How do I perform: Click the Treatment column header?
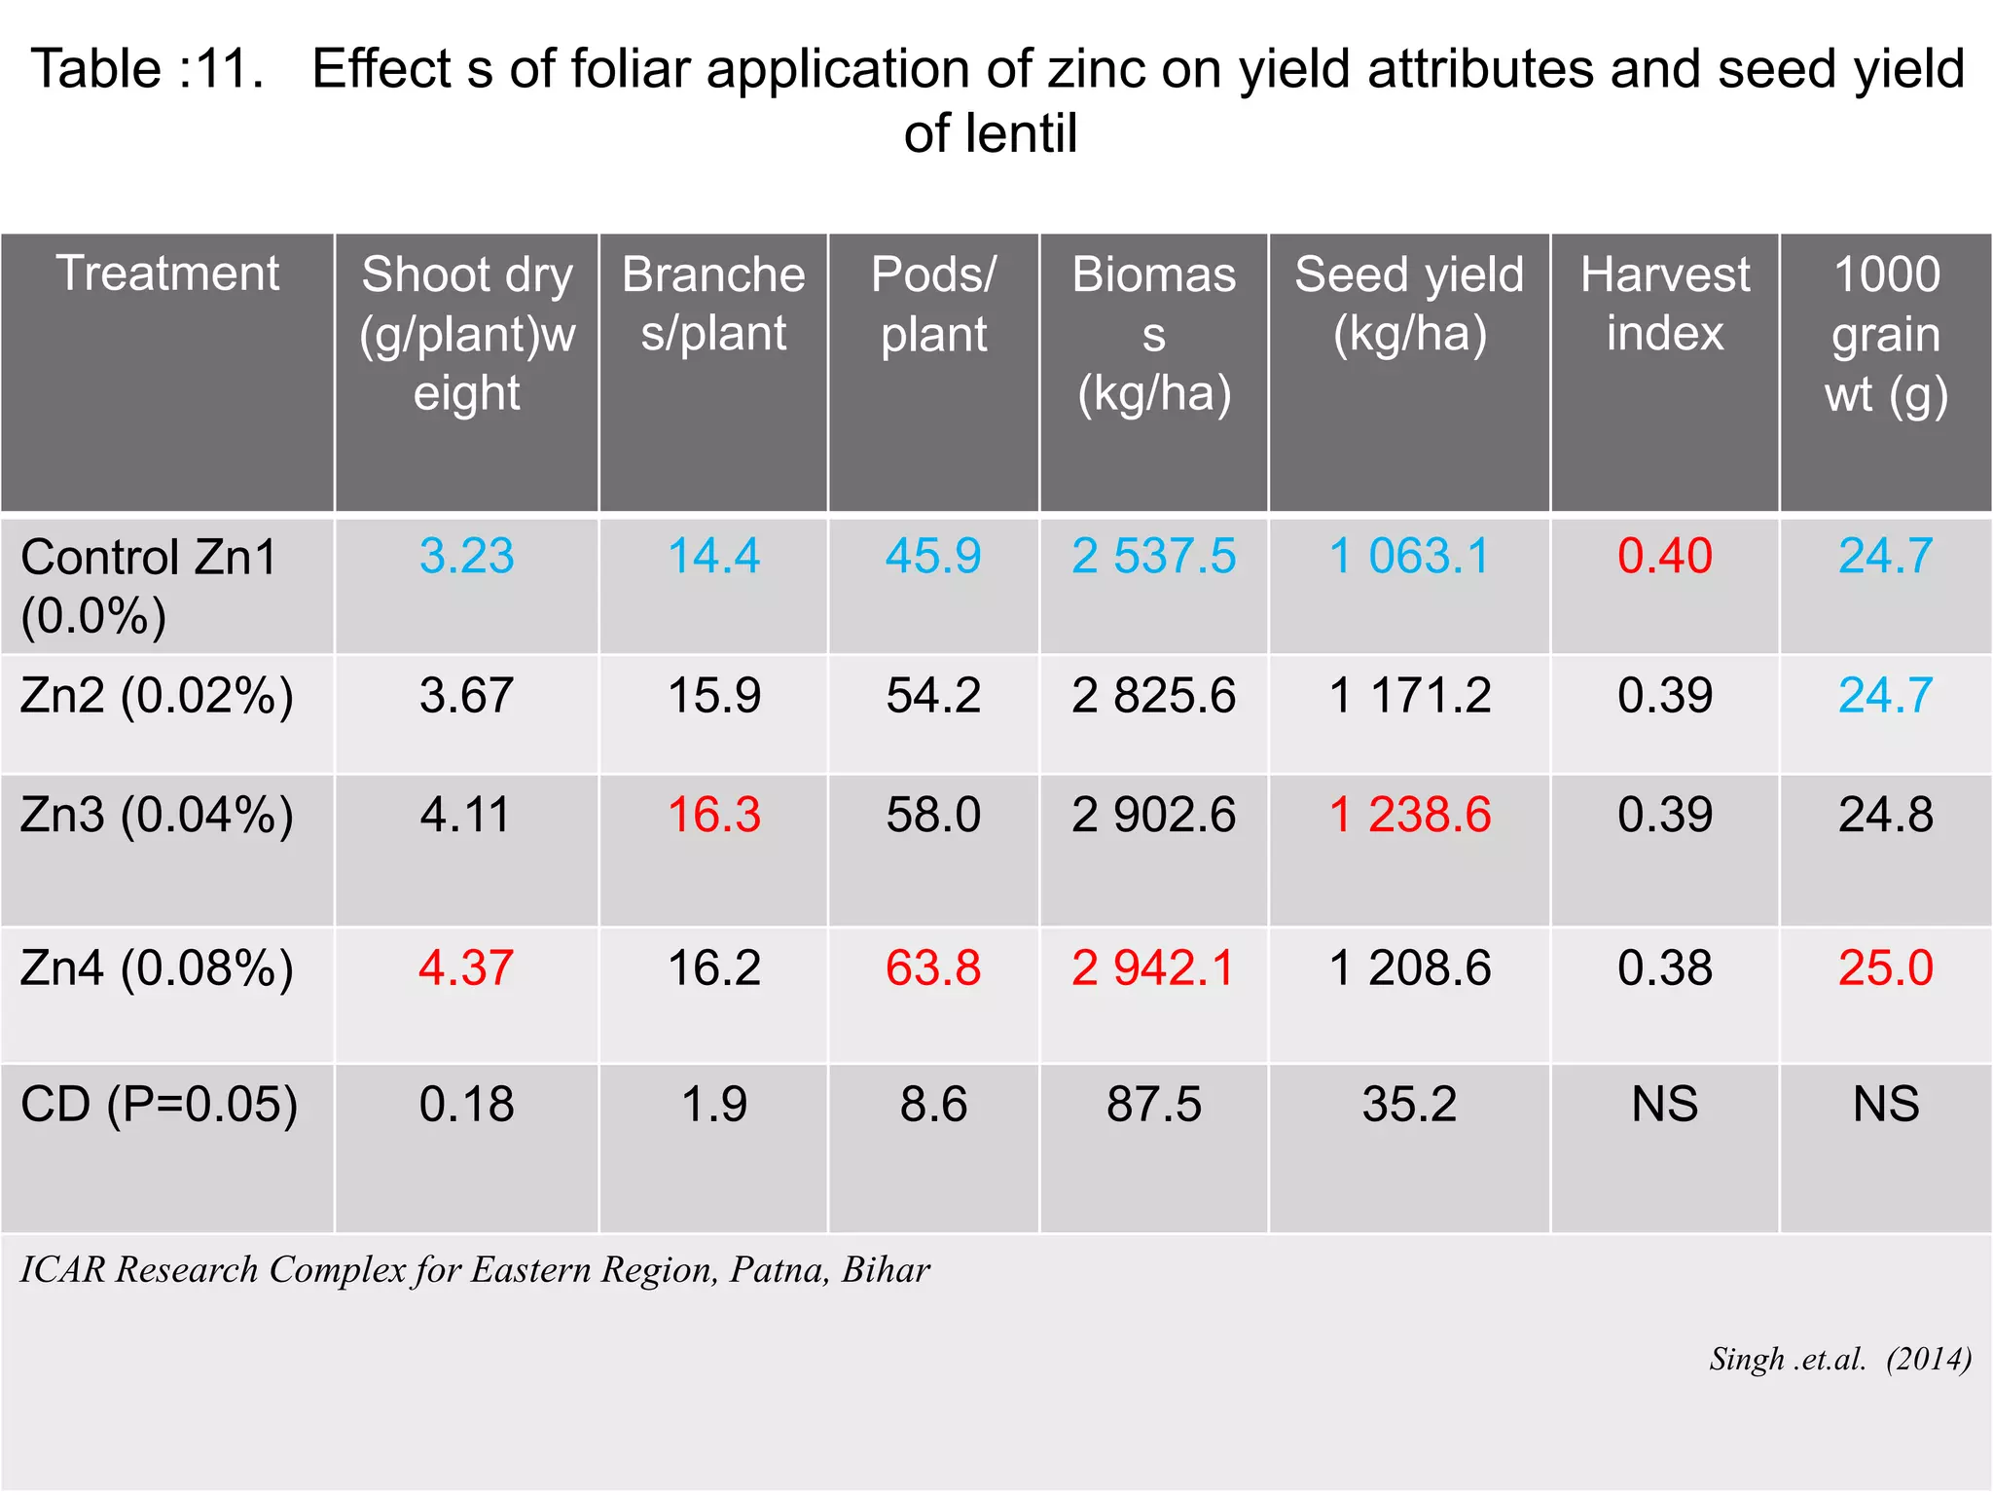point(167,273)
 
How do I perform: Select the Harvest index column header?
point(1664,304)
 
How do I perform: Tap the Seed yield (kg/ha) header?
point(1409,304)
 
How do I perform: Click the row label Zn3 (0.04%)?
point(157,815)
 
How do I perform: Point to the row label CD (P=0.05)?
point(159,1105)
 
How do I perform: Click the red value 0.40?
point(1664,556)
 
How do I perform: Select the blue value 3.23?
point(466,556)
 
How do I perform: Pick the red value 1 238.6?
point(1409,815)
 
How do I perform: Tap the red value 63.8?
point(932,968)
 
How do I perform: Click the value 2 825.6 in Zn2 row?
point(1153,696)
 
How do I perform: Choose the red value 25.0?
point(1885,968)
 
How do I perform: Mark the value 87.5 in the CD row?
point(1153,1105)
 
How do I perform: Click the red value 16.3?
point(713,815)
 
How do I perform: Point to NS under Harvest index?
point(1664,1105)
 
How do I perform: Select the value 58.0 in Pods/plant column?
point(932,815)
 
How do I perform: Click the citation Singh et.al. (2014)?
point(1839,1359)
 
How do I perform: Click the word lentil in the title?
point(1022,133)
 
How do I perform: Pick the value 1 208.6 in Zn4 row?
point(1409,968)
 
